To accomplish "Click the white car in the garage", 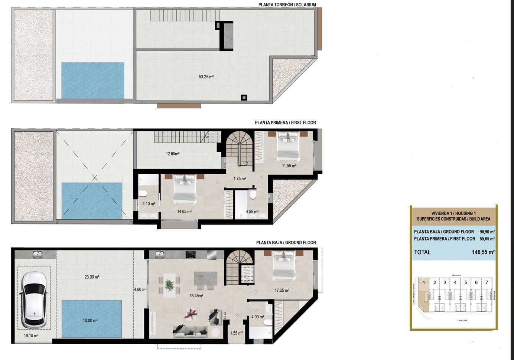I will tap(34, 300).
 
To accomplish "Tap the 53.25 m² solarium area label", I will tap(206, 77).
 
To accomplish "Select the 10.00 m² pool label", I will tap(90, 321).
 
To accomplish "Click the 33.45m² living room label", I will tap(196, 296).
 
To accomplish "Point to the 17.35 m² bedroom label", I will tap(282, 291).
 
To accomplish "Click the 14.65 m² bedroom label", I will tap(184, 212).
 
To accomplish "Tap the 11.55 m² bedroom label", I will tap(289, 166).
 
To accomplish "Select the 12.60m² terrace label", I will tap(173, 154).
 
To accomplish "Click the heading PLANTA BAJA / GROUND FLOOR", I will tap(286, 243).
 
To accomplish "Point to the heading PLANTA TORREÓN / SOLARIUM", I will tap(287, 5).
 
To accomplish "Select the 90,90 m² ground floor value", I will tap(487, 232).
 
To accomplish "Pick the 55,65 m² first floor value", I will tap(487, 239).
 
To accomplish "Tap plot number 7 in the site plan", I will tap(487, 282).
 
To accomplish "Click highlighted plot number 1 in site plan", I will tap(424, 282).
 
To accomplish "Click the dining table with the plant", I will tap(170, 285).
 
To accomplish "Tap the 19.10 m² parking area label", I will tap(31, 336).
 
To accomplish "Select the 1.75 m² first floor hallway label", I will tap(240, 179).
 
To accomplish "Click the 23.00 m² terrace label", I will tap(92, 277).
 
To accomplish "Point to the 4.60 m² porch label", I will tap(140, 289).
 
